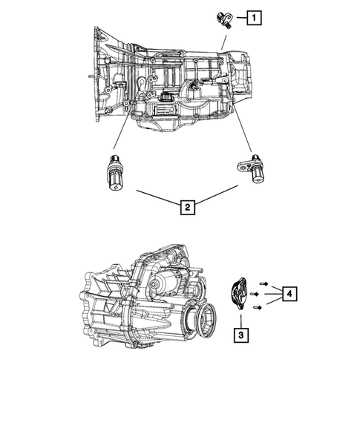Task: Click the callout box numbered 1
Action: coord(255,16)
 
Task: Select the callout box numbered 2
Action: coord(189,207)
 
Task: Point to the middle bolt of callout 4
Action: coord(256,294)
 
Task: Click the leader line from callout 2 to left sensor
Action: coord(156,197)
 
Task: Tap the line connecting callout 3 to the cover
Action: coord(240,317)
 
